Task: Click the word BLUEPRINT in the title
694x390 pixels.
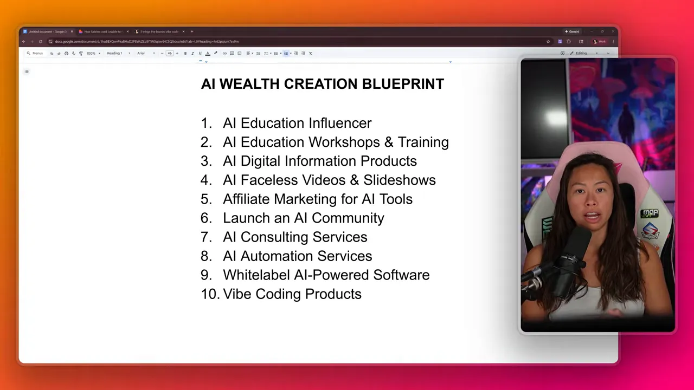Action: (403, 84)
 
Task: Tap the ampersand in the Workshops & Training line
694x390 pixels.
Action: (389, 142)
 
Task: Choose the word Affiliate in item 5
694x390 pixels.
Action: (247, 199)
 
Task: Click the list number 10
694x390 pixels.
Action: (209, 294)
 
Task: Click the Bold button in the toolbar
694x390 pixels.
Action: (185, 53)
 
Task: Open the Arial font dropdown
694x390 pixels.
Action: (145, 53)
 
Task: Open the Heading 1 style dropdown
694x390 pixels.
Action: (118, 53)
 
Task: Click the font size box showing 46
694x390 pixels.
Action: (170, 53)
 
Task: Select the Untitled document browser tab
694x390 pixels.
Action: (47, 31)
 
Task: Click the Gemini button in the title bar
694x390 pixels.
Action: (572, 31)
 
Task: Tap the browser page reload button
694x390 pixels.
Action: (40, 41)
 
